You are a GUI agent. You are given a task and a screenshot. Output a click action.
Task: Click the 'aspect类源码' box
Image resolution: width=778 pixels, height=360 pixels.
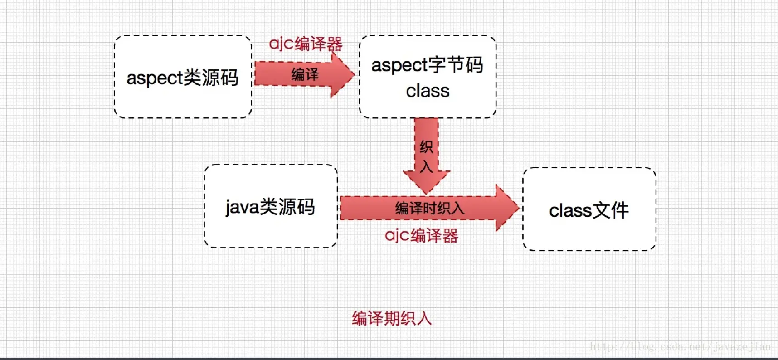click(x=183, y=97)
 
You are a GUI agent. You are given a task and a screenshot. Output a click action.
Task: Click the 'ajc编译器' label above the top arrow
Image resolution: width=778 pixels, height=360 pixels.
click(x=306, y=44)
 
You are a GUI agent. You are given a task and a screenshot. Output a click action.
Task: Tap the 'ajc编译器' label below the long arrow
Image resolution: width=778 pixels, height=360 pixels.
click(x=421, y=236)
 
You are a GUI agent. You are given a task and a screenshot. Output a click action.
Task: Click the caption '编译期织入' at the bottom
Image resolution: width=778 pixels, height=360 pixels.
click(x=392, y=318)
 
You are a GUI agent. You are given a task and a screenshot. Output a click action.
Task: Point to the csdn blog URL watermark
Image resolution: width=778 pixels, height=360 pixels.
click(x=680, y=347)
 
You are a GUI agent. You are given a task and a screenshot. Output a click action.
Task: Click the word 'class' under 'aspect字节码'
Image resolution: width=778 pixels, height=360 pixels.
click(x=428, y=91)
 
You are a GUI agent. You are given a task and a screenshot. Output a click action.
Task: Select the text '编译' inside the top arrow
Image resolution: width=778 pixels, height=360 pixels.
click(x=305, y=74)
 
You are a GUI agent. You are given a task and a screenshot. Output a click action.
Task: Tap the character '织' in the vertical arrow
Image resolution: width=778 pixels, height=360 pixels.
click(x=426, y=147)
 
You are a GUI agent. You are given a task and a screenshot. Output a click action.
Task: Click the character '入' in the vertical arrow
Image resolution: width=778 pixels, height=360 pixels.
click(x=426, y=167)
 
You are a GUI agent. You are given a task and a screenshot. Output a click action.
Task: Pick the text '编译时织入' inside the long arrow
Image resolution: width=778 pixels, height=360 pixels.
click(x=429, y=208)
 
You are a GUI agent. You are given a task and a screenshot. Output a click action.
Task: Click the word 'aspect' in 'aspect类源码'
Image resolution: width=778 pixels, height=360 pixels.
click(x=154, y=78)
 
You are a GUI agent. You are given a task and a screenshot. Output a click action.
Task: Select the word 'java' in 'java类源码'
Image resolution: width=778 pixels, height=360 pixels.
click(x=242, y=207)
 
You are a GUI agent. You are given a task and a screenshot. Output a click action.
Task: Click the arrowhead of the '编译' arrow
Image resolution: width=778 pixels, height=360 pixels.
click(x=342, y=75)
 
